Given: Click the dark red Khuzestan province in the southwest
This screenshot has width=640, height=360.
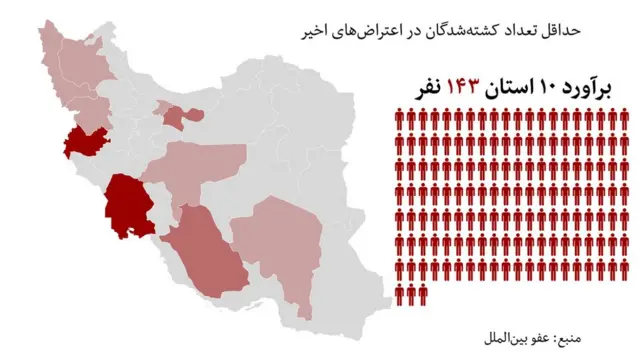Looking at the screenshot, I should pos(129,205).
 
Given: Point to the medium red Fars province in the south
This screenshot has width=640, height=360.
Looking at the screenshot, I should pos(205,250).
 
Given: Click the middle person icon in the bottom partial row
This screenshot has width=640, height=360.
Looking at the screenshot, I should pos(411,293).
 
